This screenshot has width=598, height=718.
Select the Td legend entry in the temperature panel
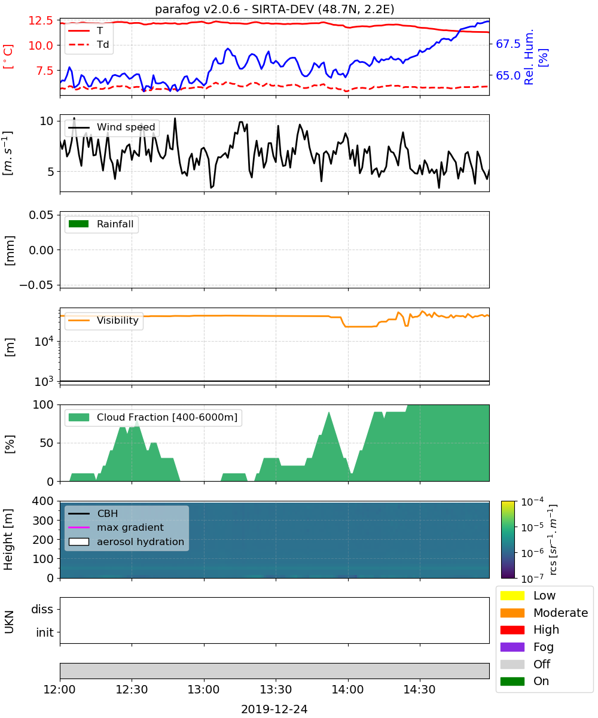pyautogui.click(x=89, y=44)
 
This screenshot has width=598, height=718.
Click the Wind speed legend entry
pyautogui.click(x=112, y=127)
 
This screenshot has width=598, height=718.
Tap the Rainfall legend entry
pyautogui.click(x=101, y=224)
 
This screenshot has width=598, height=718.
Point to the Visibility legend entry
pyautogui.click(x=103, y=320)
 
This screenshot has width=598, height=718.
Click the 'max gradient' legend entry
pyautogui.click(x=116, y=527)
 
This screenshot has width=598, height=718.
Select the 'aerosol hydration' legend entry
pyautogui.click(x=126, y=541)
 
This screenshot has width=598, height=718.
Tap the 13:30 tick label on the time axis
pyautogui.click(x=276, y=689)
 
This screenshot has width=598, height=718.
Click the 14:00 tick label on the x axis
pyautogui.click(x=348, y=689)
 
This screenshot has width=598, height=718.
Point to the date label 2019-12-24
pyautogui.click(x=274, y=709)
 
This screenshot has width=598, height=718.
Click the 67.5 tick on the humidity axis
pyautogui.click(x=508, y=44)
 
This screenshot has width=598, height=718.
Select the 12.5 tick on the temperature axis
pyautogui.click(x=41, y=20)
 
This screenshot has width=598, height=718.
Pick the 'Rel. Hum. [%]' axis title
pyautogui.click(x=536, y=57)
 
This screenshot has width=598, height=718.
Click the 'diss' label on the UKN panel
pyautogui.click(x=42, y=609)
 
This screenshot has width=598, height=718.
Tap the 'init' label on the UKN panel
pyautogui.click(x=45, y=632)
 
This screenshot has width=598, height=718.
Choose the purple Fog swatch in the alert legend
pyautogui.click(x=512, y=647)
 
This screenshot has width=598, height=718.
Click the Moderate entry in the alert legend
pyautogui.click(x=544, y=613)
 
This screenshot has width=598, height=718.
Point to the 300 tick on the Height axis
pyautogui.click(x=42, y=521)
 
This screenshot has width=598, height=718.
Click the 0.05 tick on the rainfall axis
pyautogui.click(x=41, y=215)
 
